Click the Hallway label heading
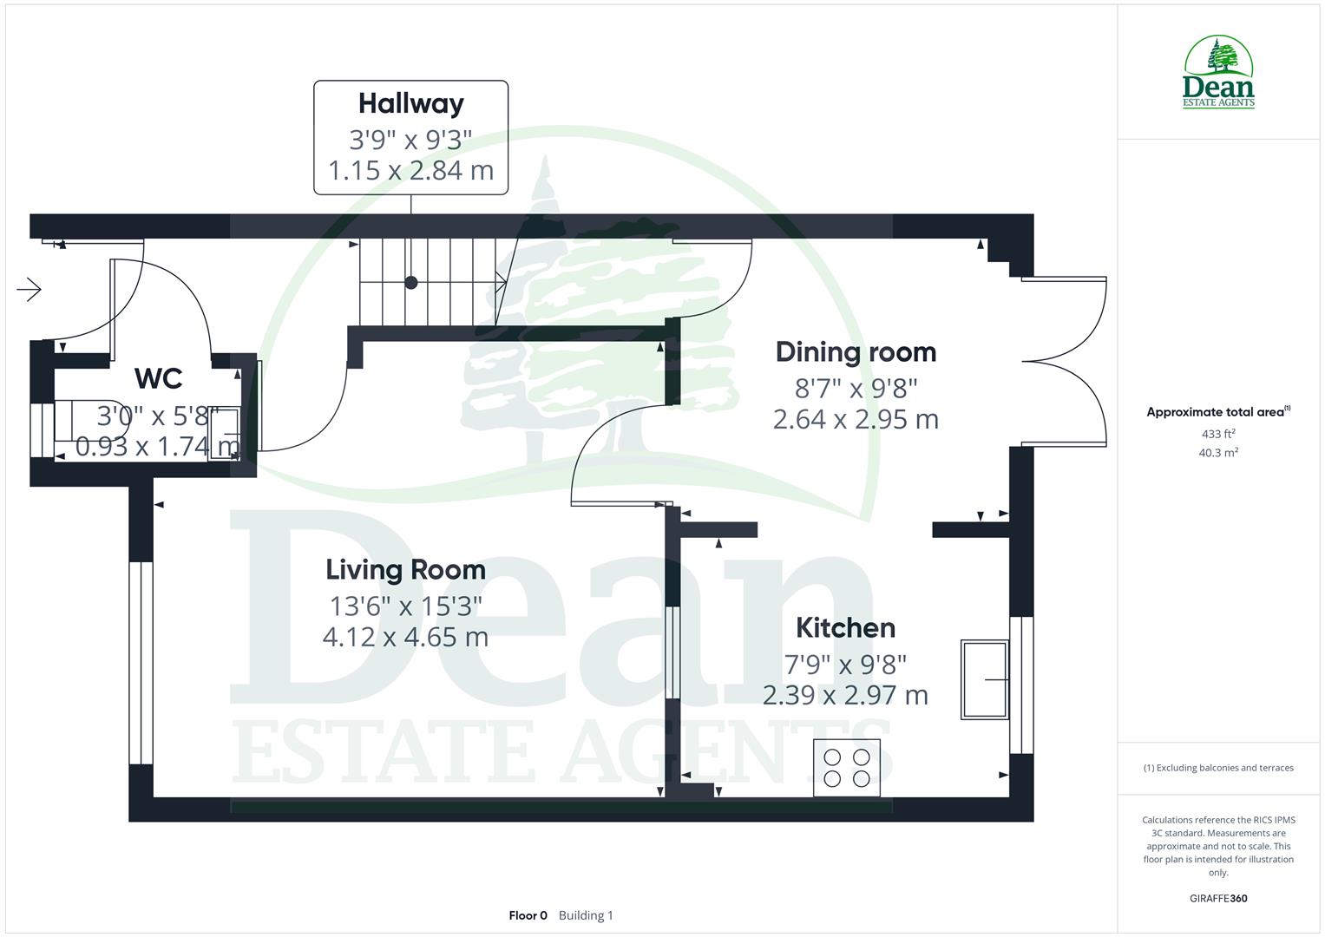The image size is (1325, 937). [410, 103]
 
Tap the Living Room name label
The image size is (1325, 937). [405, 569]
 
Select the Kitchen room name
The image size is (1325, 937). [845, 627]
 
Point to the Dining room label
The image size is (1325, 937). [856, 351]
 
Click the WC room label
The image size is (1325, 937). [159, 378]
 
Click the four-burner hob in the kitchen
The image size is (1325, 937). [847, 767]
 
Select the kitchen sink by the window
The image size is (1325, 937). [985, 679]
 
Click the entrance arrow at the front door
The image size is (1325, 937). [30, 289]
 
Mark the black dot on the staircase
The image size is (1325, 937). [411, 283]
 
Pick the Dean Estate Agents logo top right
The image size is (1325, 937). [1218, 73]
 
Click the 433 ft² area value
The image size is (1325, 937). [1218, 434]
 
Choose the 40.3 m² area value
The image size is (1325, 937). [1218, 452]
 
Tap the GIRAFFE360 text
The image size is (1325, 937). [1218, 898]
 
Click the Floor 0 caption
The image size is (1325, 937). [528, 915]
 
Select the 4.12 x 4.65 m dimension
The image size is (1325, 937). [405, 638]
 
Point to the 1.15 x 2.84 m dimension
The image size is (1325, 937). [410, 170]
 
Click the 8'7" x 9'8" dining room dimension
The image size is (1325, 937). [856, 387]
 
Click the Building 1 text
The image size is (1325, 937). [586, 915]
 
